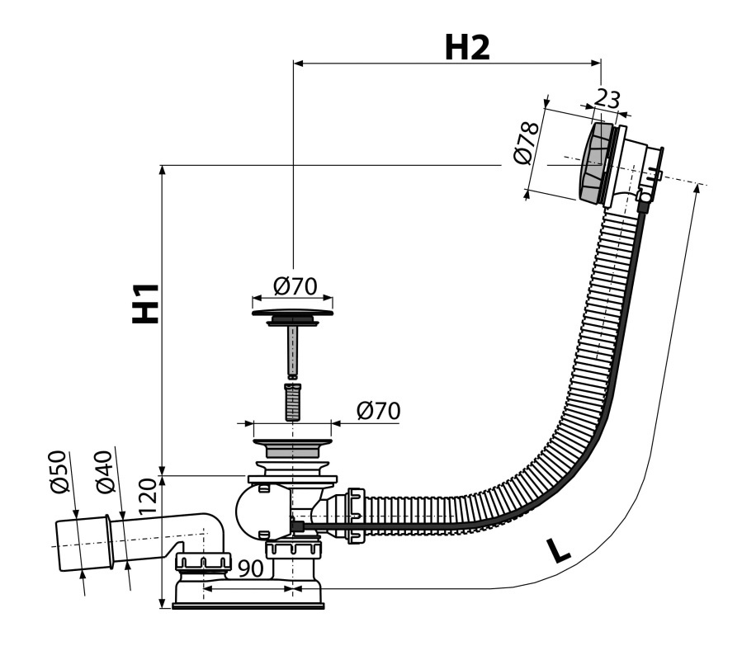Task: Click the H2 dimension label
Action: [x=467, y=48]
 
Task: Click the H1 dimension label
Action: [x=145, y=303]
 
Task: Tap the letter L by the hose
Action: [x=559, y=550]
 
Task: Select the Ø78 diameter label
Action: [x=527, y=143]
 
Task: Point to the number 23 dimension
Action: [x=606, y=98]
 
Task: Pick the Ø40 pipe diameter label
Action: [x=104, y=471]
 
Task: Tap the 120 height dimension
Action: [x=147, y=496]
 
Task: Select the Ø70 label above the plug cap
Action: [x=295, y=286]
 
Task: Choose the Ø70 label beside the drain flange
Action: [x=378, y=411]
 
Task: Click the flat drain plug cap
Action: [x=292, y=313]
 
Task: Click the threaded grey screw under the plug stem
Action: [x=293, y=402]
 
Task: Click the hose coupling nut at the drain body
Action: [x=356, y=516]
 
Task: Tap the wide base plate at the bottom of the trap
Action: [x=248, y=606]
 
